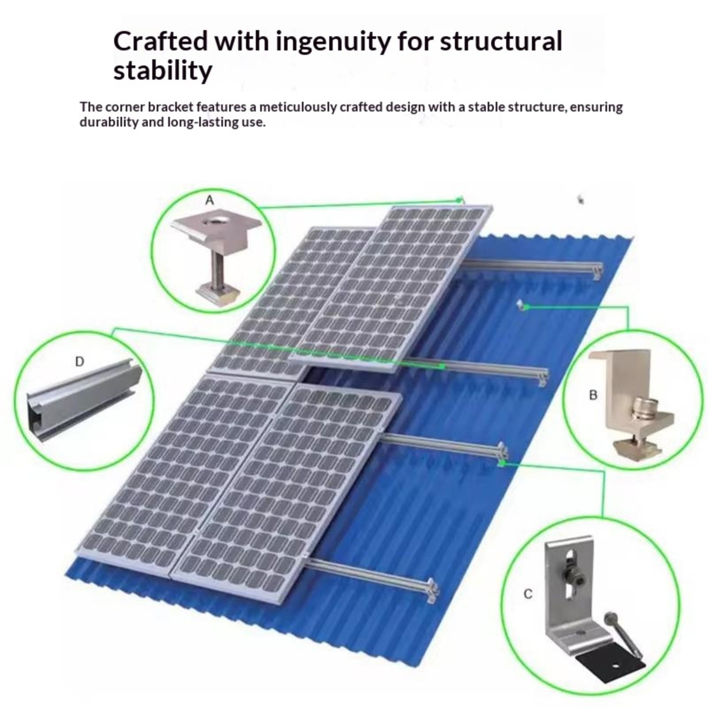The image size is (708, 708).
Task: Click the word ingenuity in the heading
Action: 334,42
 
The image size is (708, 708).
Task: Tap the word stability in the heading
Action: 162,71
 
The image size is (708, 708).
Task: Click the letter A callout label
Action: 209,200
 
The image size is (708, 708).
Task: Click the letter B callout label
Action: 593,395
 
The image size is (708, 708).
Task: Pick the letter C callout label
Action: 528,594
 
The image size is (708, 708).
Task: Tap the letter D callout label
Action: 79,362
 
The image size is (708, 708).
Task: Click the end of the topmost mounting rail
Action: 597,271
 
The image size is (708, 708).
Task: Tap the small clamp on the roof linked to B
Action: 522,305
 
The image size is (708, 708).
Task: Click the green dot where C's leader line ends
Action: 501,463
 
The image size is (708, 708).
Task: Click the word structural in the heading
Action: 501,42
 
